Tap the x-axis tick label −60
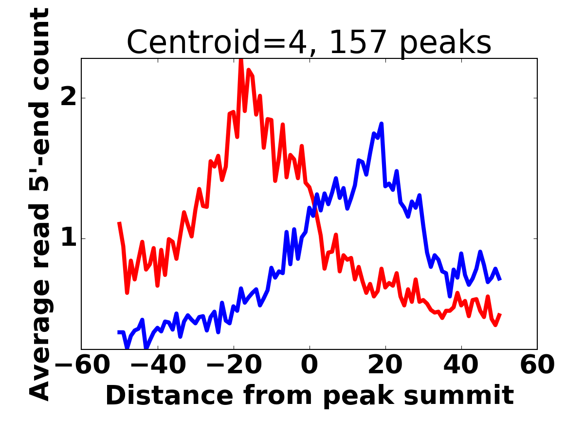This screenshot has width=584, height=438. pos(81,365)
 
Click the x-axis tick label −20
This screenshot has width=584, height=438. pos(233,365)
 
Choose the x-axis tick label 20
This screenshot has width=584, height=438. pos(385,365)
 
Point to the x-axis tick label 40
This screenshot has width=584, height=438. pos(461,365)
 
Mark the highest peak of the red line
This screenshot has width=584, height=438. pos(241,59)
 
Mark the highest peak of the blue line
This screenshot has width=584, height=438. pos(382,124)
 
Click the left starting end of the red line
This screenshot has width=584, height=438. pos(119,223)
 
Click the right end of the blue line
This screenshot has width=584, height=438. pos(500,279)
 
